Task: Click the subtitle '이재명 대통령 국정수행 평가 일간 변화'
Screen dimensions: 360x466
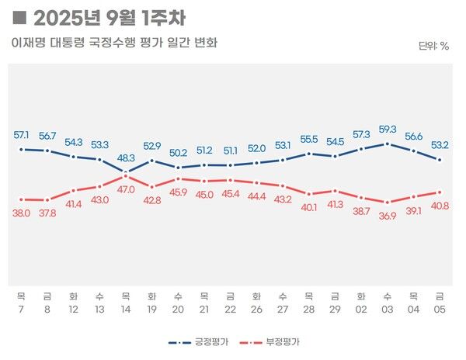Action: pyautogui.click(x=114, y=43)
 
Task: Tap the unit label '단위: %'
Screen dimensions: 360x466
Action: pyautogui.click(x=433, y=46)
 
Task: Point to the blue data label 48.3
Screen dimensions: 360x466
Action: pyautogui.click(x=126, y=157)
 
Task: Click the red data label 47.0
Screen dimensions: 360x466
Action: pyautogui.click(x=126, y=189)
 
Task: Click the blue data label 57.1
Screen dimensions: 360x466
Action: pyautogui.click(x=21, y=135)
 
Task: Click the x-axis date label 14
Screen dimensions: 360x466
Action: pyautogui.click(x=126, y=308)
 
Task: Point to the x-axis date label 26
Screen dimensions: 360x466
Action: pyautogui.click(x=256, y=308)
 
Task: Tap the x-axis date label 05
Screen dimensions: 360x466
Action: pyautogui.click(x=440, y=308)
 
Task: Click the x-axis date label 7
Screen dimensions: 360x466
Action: pyautogui.click(x=21, y=308)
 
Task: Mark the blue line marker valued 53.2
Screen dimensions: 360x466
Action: pyautogui.click(x=440, y=161)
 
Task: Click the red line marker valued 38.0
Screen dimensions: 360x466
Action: pyautogui.click(x=21, y=199)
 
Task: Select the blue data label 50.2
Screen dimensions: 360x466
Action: pyautogui.click(x=178, y=153)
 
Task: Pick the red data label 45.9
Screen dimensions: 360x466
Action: pyautogui.click(x=178, y=192)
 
